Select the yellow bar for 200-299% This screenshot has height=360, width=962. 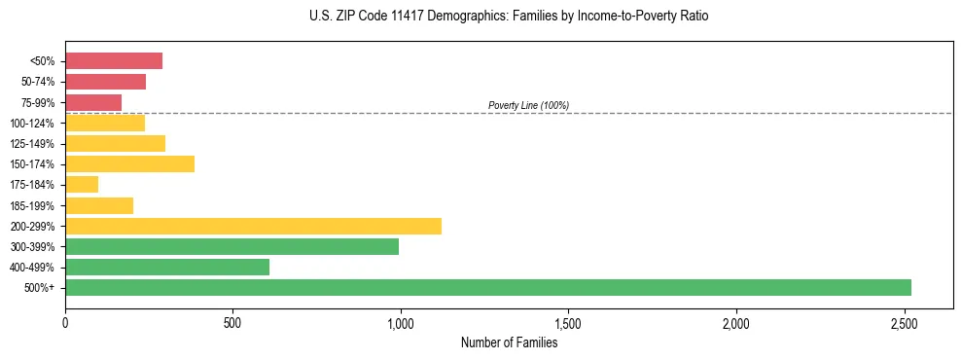coord(253,226)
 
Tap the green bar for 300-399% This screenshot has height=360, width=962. coord(232,246)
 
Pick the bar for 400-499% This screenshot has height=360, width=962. coord(167,267)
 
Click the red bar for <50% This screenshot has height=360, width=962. coord(114,61)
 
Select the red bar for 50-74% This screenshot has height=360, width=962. coord(105,82)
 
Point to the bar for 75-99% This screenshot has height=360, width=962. coord(93,102)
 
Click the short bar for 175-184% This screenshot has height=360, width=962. coord(82,184)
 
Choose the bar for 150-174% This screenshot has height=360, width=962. coord(129,163)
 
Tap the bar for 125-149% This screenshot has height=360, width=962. coord(115,143)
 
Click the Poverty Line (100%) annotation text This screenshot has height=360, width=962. coord(528,105)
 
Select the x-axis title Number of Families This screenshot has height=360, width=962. coord(509,342)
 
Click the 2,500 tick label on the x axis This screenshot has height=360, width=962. coord(904,322)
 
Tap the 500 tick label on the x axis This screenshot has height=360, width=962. coord(232,322)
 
